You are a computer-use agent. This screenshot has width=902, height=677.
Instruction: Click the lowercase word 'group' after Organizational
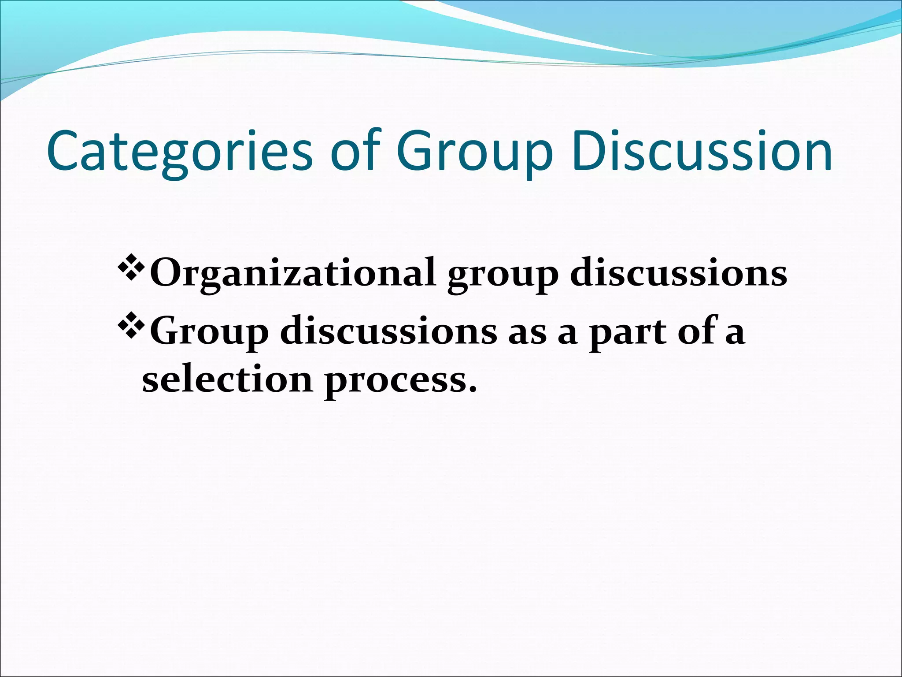click(503, 276)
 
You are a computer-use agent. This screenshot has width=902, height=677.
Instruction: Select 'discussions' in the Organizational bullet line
click(678, 272)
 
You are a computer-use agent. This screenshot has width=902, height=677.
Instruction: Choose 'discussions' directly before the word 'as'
click(388, 331)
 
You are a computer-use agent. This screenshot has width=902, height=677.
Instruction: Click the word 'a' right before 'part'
click(568, 334)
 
